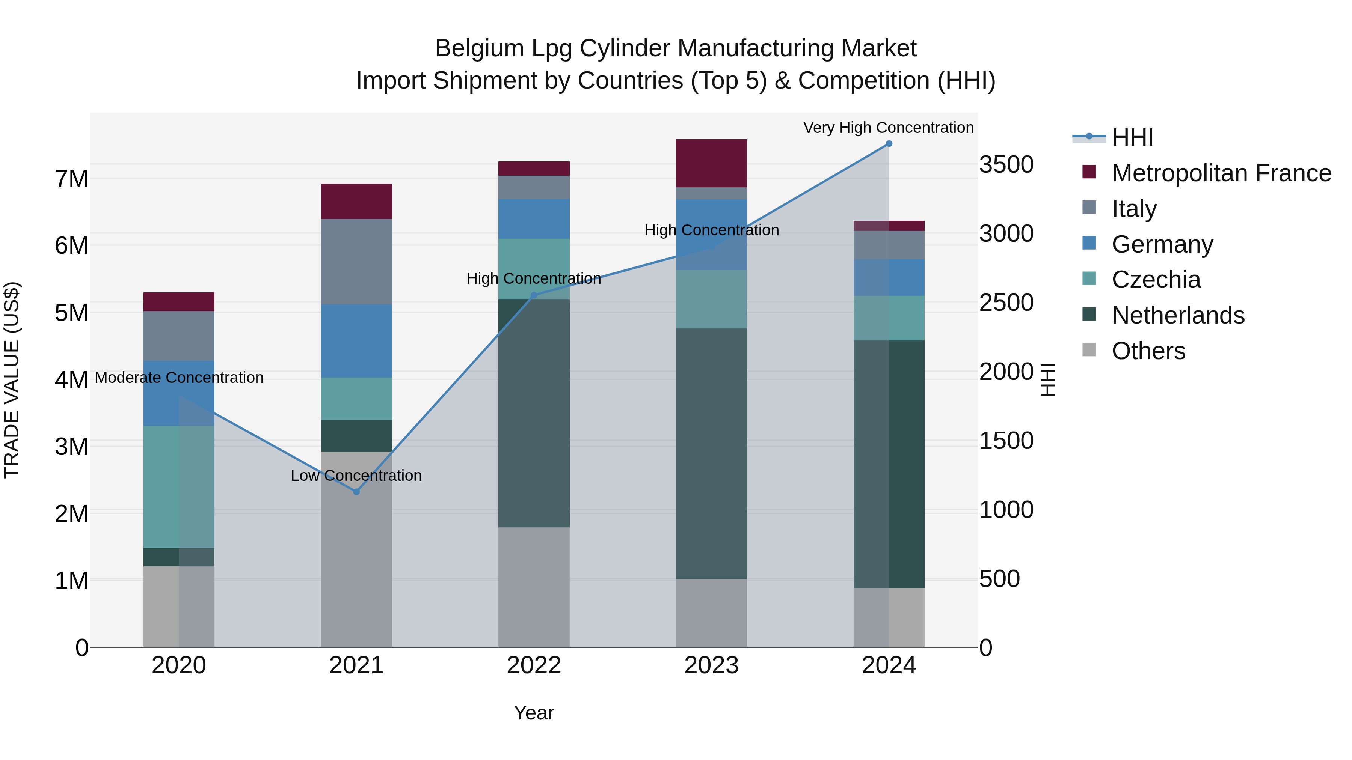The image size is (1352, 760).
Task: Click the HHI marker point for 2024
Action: coord(889,144)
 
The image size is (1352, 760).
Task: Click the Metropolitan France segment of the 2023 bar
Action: coord(711,163)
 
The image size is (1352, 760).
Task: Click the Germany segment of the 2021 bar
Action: coord(356,341)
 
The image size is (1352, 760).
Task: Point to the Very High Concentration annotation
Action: coord(888,128)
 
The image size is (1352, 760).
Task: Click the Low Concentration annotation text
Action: coord(356,476)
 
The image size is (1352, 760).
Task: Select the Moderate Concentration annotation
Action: coord(179,378)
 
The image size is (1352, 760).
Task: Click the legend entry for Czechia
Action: coord(1155,280)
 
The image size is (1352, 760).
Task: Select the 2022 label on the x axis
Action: coord(534,665)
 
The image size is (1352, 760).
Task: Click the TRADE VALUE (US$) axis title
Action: coord(12,380)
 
